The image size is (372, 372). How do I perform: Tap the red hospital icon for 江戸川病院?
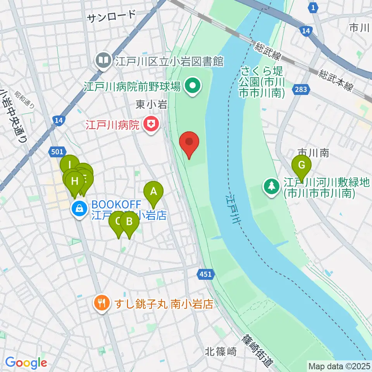(148, 124)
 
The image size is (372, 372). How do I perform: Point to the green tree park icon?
(272, 186)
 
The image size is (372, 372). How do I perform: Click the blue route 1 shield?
(313, 7)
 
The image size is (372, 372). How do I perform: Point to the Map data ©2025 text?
(339, 366)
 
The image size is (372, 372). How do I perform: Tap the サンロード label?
(112, 16)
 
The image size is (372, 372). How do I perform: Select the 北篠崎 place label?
(220, 352)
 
